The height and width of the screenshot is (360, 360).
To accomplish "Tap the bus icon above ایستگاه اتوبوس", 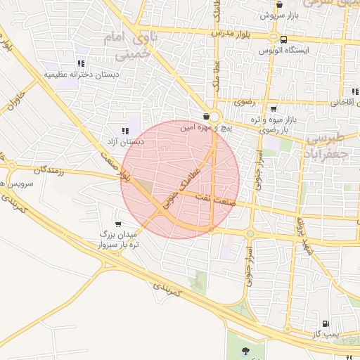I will coord(283,39).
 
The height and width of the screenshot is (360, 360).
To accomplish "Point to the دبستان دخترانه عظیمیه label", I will coord(82,74).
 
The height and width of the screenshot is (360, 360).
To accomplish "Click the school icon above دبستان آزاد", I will coord(125,131).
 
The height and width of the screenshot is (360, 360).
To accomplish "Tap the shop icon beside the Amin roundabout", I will coord(205,117).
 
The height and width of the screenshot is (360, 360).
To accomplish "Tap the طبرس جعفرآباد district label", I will coord(329,144).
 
